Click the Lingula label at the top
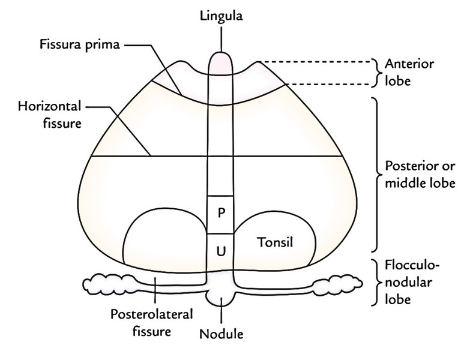coord(221,16)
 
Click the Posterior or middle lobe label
coord(412,174)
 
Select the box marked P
coord(221,214)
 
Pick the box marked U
coord(221,251)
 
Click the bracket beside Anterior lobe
coord(376,71)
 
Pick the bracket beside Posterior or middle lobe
coord(376,174)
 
